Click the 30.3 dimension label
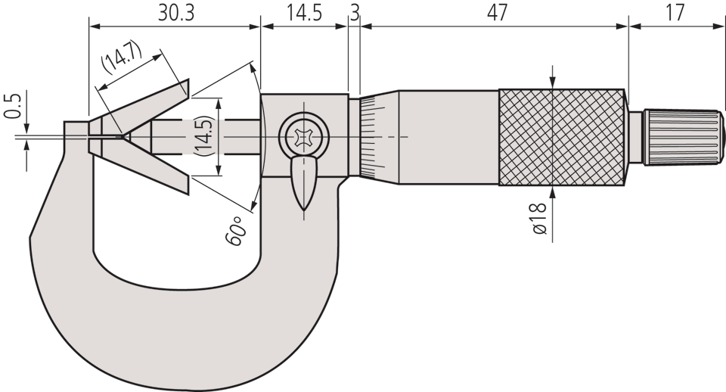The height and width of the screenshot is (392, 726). pos(176,13)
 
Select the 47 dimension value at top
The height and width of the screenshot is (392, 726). pos(497,13)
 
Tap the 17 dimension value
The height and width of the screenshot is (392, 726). pos(675,13)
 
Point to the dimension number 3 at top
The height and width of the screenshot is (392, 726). pos(354,13)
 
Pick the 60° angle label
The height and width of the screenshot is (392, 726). pos(234,231)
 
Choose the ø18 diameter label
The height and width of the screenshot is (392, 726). pos(539,218)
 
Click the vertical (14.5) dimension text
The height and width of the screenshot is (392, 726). pos(204,137)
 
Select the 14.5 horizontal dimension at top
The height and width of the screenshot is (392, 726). pos(304,13)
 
